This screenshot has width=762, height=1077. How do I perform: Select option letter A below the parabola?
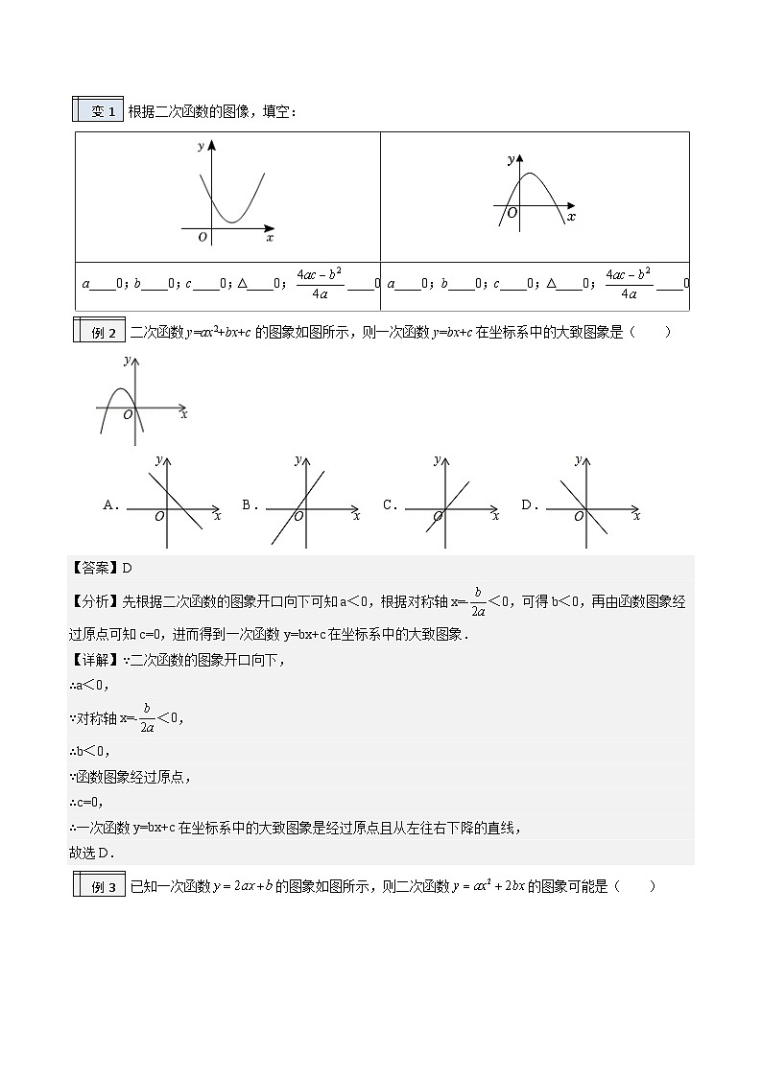pyautogui.click(x=110, y=504)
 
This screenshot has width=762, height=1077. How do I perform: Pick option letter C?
pyautogui.click(x=389, y=504)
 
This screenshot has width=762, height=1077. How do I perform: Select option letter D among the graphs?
pyautogui.click(x=528, y=504)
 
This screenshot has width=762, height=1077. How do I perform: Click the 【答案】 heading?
pyautogui.click(x=95, y=568)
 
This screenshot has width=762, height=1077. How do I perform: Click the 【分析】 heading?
pyautogui.click(x=95, y=602)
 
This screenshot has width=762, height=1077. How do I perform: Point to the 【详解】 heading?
pyautogui.click(x=95, y=660)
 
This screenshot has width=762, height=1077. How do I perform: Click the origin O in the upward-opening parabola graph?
pyautogui.click(x=202, y=237)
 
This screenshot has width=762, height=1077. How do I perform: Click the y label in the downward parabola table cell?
pyautogui.click(x=511, y=158)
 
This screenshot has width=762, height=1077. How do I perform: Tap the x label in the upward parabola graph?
pyautogui.click(x=270, y=237)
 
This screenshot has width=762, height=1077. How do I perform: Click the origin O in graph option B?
pyautogui.click(x=298, y=517)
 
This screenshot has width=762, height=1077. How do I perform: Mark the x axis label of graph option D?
pyautogui.click(x=636, y=517)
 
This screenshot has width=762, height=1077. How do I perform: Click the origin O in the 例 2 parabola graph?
pyautogui.click(x=128, y=415)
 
